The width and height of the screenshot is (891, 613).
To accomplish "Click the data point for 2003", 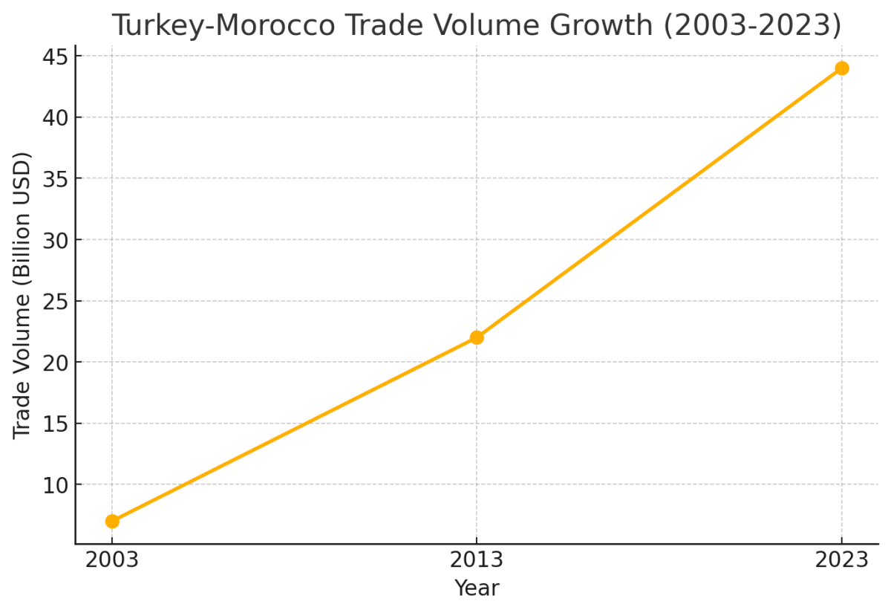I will coord(112,522).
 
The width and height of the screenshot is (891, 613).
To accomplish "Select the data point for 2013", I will coord(477,337).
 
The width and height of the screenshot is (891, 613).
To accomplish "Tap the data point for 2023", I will coord(841,68).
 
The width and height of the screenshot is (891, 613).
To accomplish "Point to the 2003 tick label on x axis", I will coord(112,560).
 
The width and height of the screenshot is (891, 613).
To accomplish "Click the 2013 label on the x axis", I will coord(477,560).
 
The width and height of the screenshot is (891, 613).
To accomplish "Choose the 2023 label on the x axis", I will coord(841,560).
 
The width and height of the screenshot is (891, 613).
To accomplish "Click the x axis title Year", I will coord(477,588).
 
